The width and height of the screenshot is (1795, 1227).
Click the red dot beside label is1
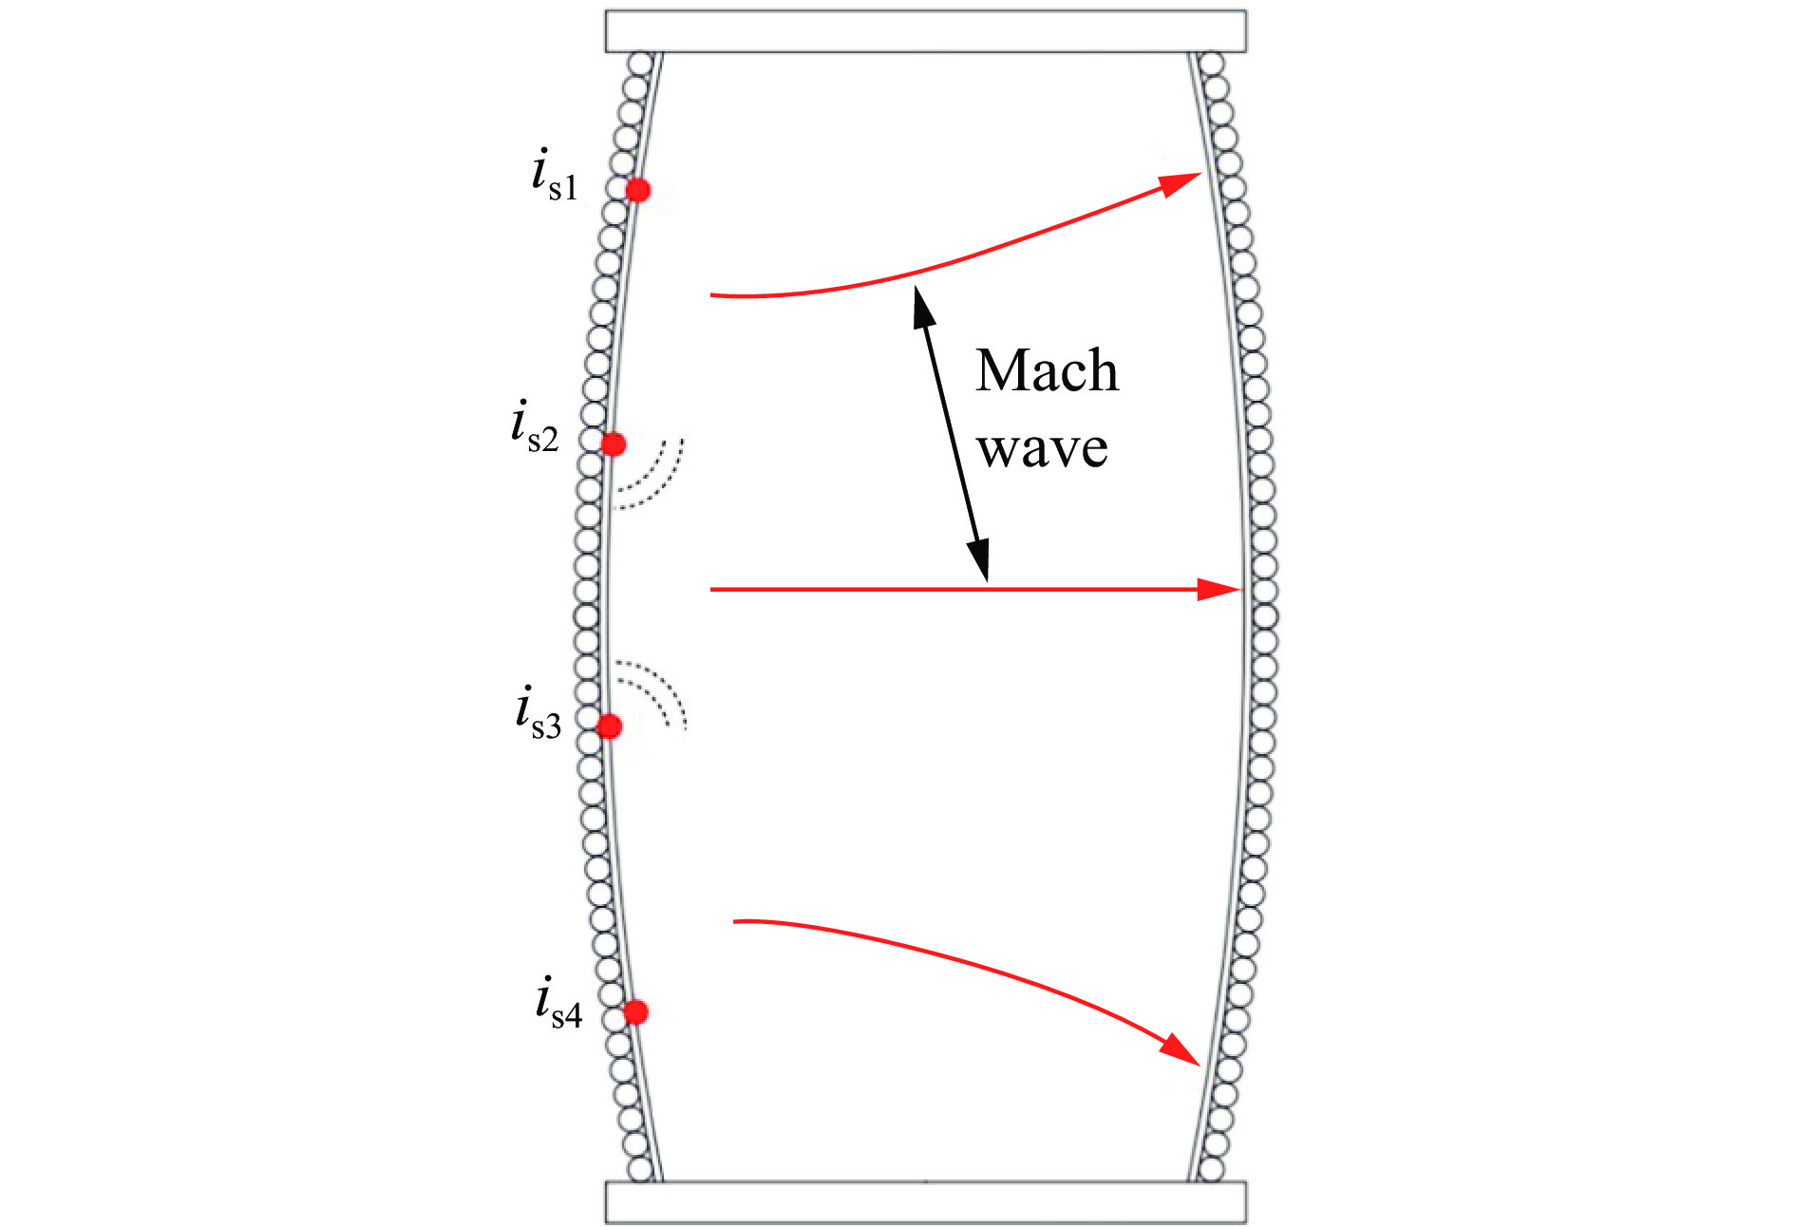click(638, 190)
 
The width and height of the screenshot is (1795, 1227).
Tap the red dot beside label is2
click(614, 444)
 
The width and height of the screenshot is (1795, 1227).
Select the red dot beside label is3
click(609, 727)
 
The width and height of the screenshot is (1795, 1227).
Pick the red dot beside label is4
click(635, 1012)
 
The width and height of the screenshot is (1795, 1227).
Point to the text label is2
click(535, 427)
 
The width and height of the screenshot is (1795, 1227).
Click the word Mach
click(1047, 370)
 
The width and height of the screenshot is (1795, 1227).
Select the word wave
click(1043, 448)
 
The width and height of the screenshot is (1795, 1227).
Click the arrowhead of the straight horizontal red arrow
click(1219, 590)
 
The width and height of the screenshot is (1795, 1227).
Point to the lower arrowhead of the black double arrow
click(979, 559)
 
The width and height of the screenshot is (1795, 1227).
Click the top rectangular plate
click(926, 31)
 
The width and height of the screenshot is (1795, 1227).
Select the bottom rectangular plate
click(926, 1202)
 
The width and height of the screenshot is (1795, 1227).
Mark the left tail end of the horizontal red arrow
click(711, 590)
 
